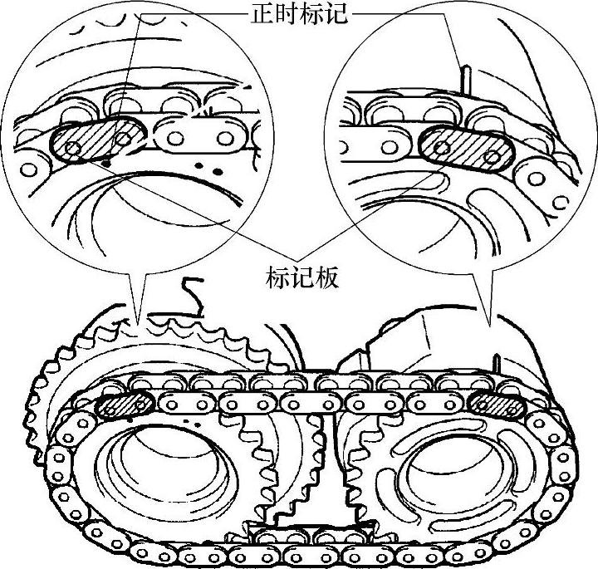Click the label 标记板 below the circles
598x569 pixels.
pos(301,277)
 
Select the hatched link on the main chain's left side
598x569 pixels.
pos(124,405)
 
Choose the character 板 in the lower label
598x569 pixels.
pos(326,277)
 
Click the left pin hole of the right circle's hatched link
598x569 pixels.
pos(442,146)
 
